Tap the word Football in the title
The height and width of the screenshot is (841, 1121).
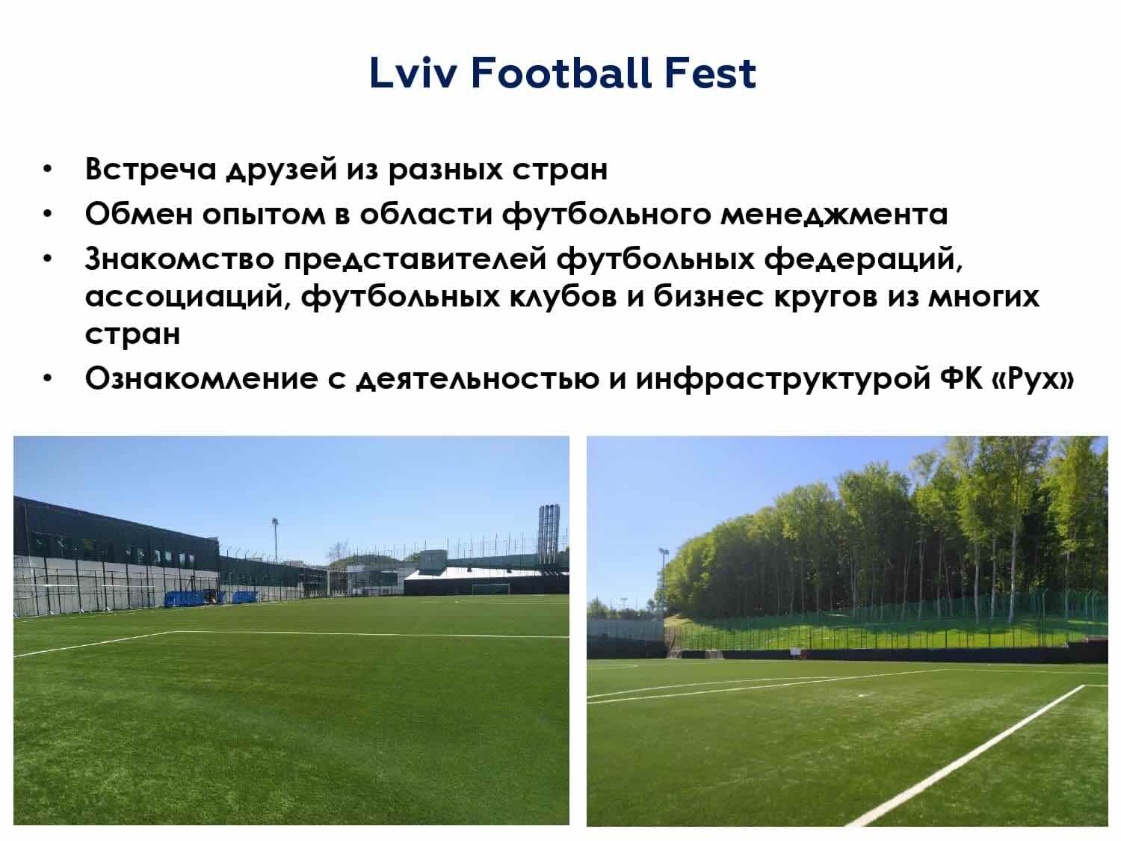[x=560, y=73]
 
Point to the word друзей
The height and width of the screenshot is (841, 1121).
[x=282, y=170]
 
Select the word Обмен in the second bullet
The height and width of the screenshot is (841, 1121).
[x=139, y=214]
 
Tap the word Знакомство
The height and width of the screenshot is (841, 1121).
[x=180, y=259]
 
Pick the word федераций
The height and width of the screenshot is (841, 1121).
[x=863, y=259]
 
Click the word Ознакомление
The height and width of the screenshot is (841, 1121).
[x=202, y=379]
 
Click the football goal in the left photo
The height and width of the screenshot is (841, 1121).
[x=491, y=589]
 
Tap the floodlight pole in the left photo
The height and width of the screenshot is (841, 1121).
[x=275, y=540]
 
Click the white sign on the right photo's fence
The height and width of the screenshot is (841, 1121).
[x=794, y=651]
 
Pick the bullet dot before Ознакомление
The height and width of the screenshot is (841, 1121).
[x=48, y=380]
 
